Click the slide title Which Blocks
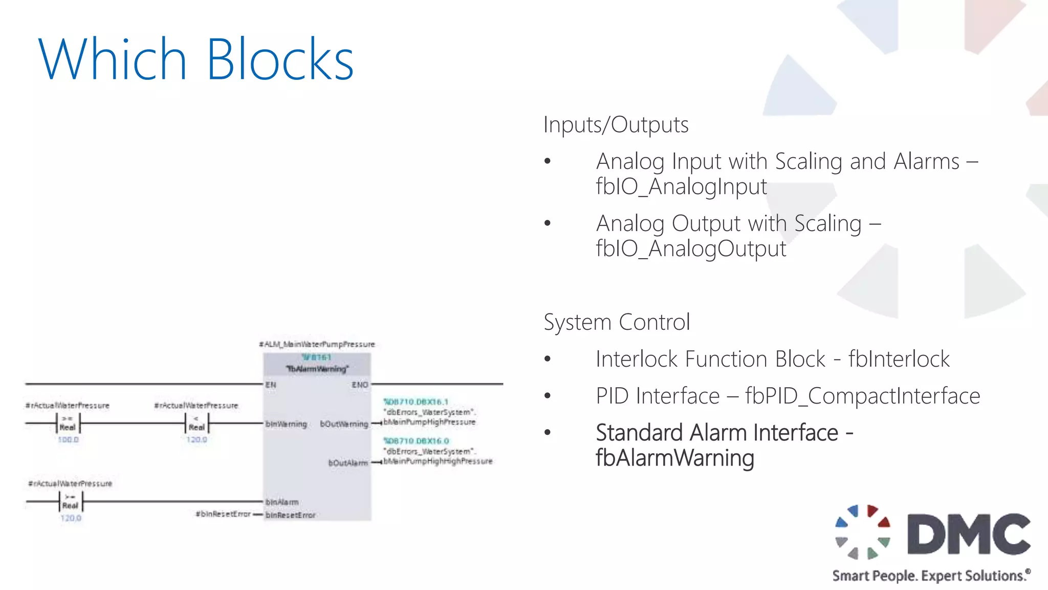[195, 59]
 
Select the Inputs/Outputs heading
[616, 124]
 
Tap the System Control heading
[617, 322]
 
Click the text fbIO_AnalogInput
[681, 186]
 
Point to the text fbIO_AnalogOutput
[691, 249]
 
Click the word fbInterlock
[899, 359]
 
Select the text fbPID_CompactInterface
[862, 396]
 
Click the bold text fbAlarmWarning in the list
[674, 458]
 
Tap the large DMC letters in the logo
[968, 534]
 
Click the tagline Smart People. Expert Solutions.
[930, 576]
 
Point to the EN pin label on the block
[271, 385]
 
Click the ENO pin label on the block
[360, 385]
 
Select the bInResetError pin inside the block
[290, 515]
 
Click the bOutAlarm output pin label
[347, 463]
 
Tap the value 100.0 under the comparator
[68, 439]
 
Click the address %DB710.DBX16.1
[416, 402]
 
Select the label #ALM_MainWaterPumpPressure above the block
[317, 344]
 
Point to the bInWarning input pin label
[286, 424]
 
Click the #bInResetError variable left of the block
[223, 514]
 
